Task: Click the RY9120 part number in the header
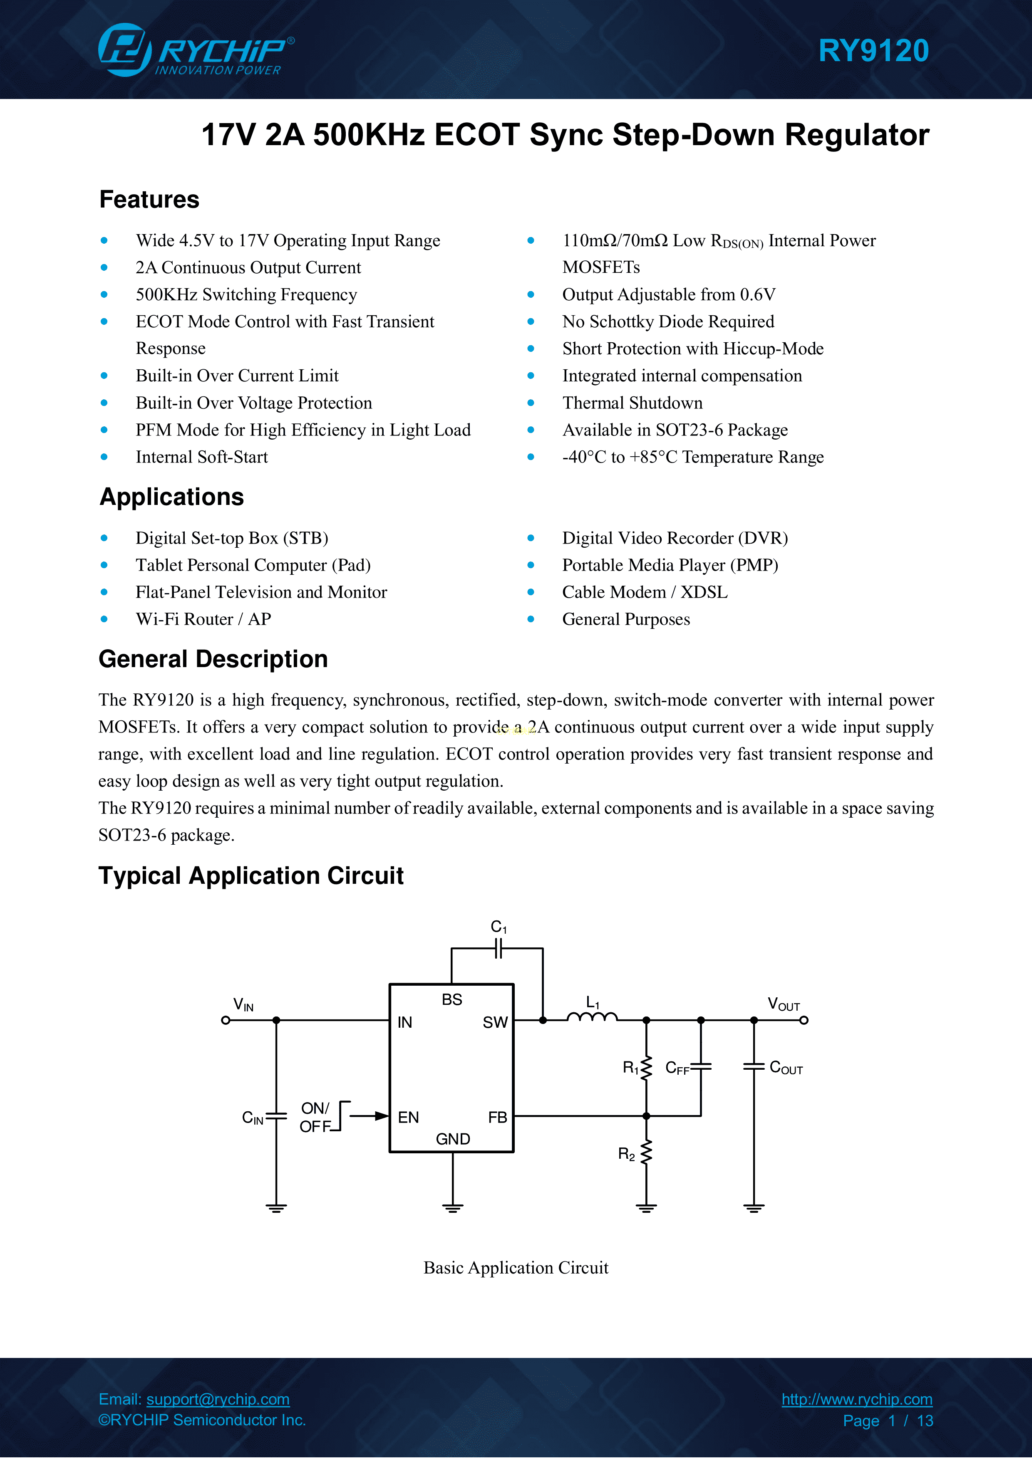point(873,51)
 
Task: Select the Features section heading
point(149,200)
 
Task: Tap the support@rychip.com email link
point(218,1399)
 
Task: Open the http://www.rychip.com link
point(856,1399)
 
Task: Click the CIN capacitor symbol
point(276,1116)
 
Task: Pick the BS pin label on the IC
point(451,999)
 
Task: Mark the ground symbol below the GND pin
point(453,1208)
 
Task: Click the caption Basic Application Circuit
point(516,1268)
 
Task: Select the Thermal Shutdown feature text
point(632,403)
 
